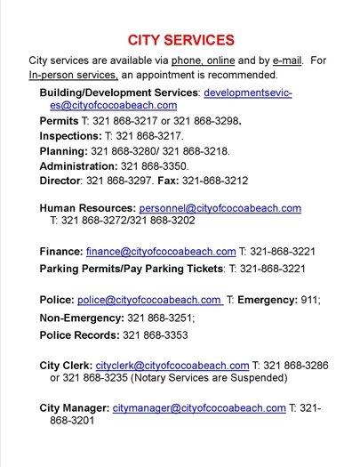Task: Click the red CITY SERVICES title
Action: pyautogui.click(x=180, y=40)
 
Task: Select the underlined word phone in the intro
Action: pyautogui.click(x=188, y=60)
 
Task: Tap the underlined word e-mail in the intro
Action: pyautogui.click(x=286, y=60)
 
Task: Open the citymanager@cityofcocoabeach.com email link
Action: pyautogui.click(x=199, y=408)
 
